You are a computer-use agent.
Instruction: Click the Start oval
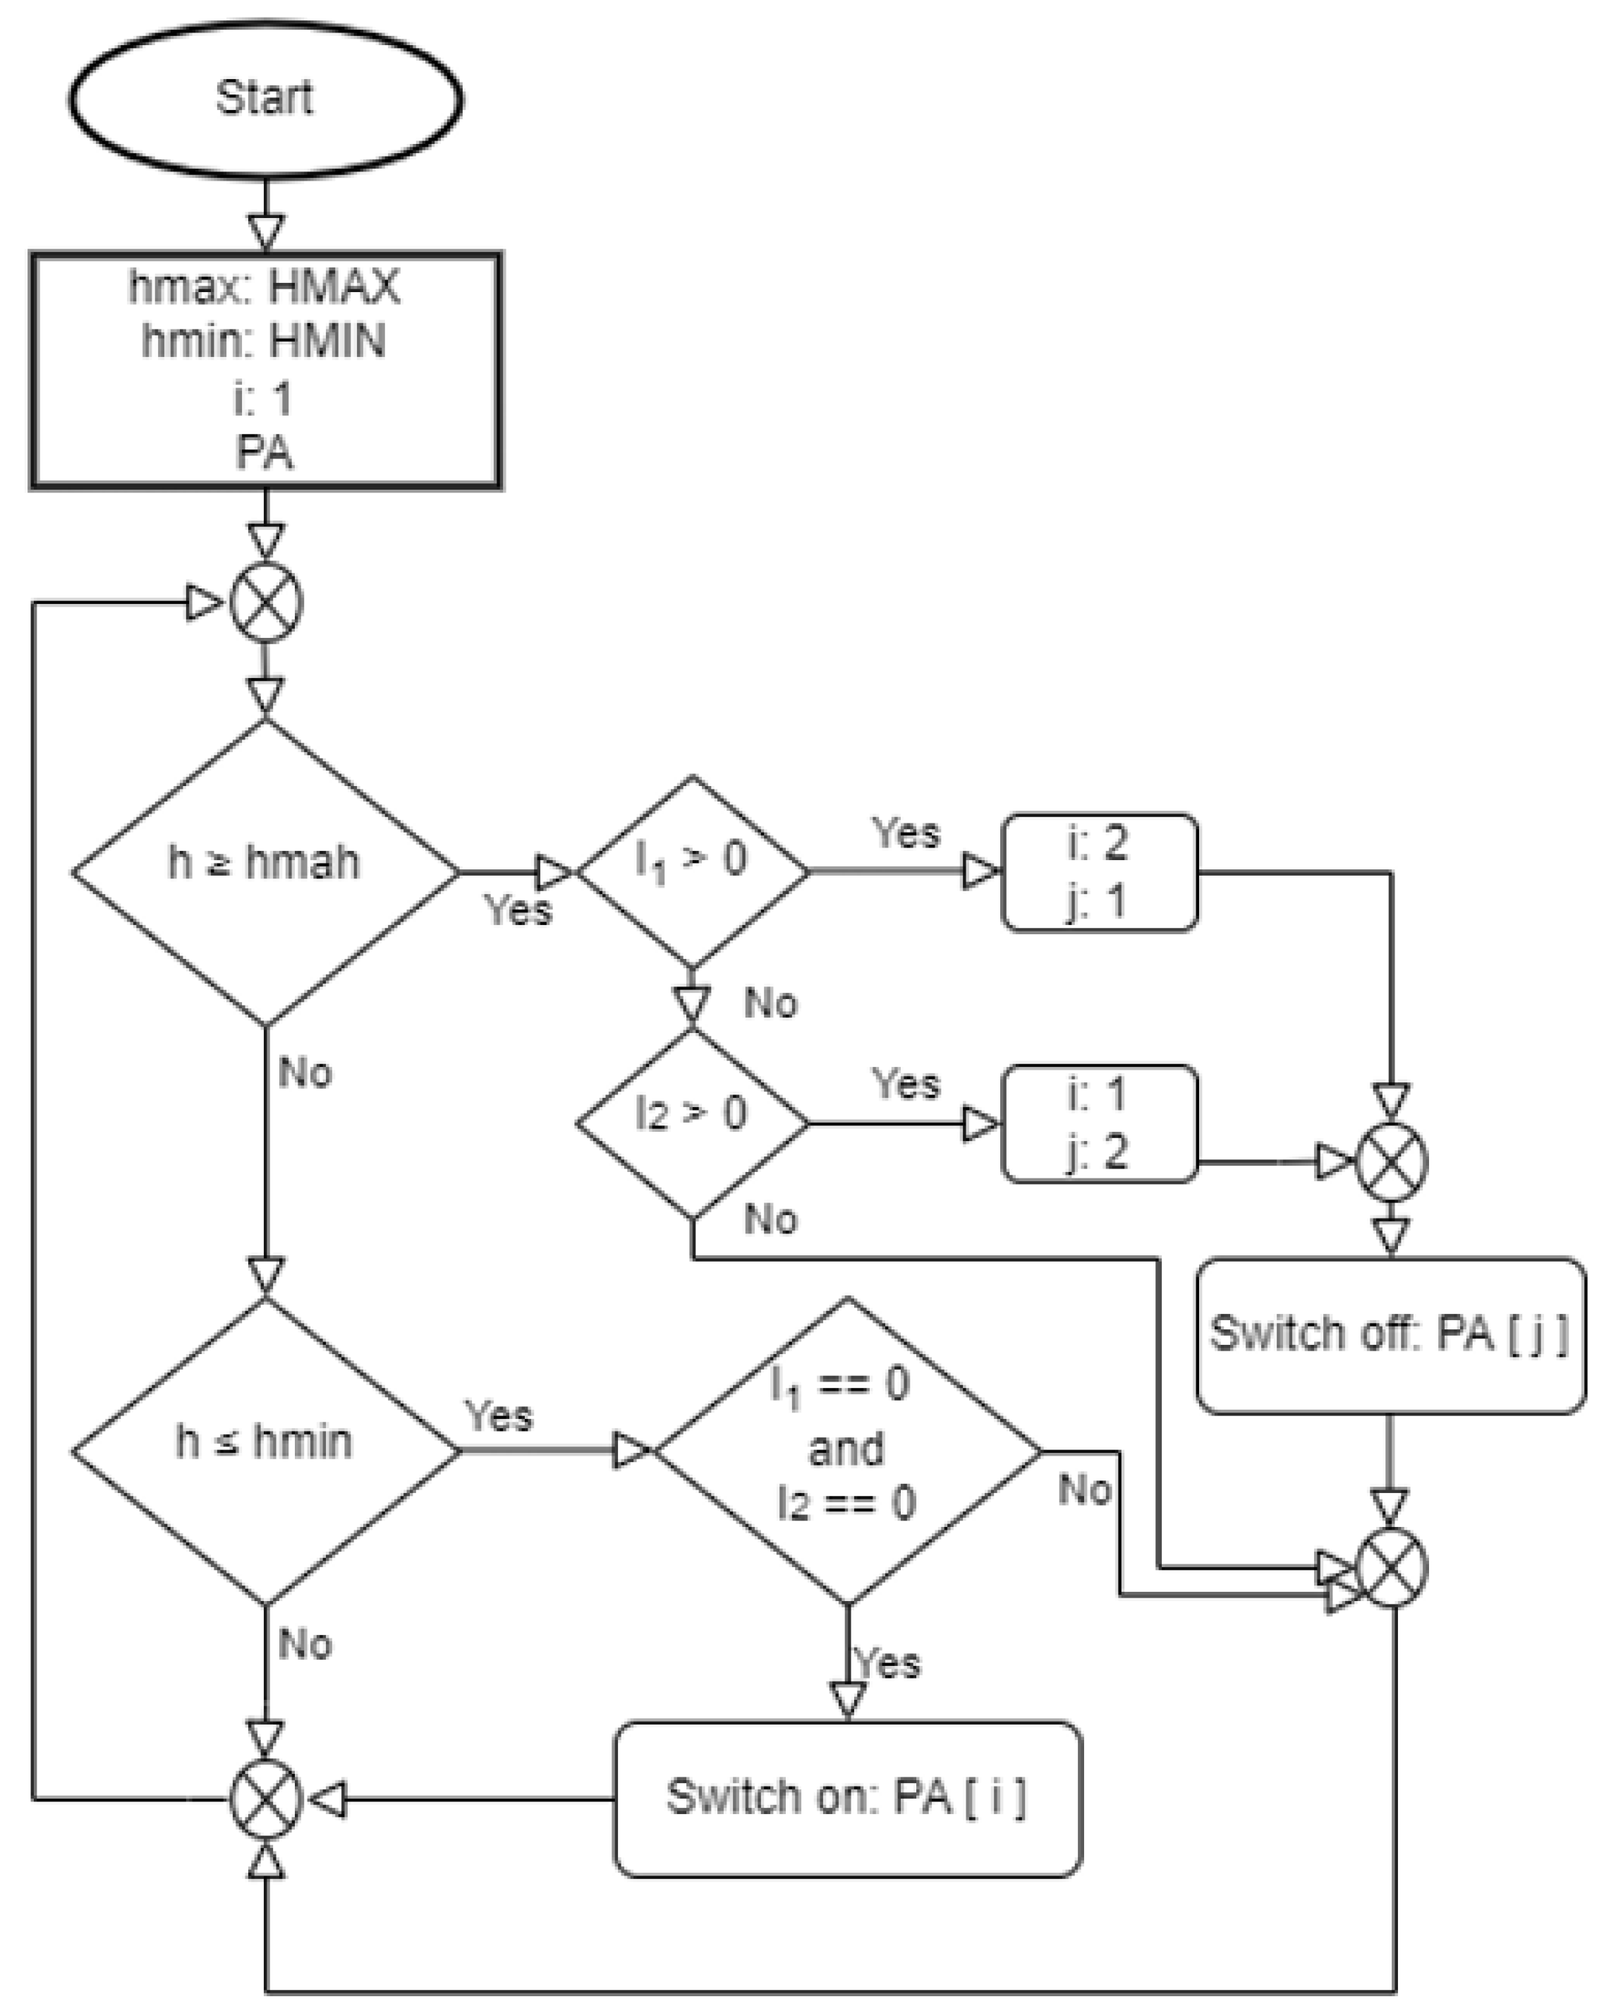click(265, 99)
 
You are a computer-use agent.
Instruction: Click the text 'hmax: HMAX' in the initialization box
click(265, 286)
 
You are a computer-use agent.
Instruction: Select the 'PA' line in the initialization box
click(265, 453)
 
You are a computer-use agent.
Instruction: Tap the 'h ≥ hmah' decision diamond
click(265, 872)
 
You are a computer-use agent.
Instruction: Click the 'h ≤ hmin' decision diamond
click(265, 1451)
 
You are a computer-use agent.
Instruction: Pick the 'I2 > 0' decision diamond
click(692, 1123)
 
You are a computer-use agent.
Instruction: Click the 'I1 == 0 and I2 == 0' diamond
click(846, 1451)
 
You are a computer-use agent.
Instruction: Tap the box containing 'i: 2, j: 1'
click(1098, 872)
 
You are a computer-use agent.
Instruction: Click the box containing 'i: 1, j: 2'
click(1098, 1123)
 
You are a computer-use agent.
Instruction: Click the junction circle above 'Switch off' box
click(1390, 1162)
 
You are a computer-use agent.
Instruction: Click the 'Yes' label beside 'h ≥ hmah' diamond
click(518, 910)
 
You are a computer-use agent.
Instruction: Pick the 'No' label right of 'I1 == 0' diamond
click(1085, 1490)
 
